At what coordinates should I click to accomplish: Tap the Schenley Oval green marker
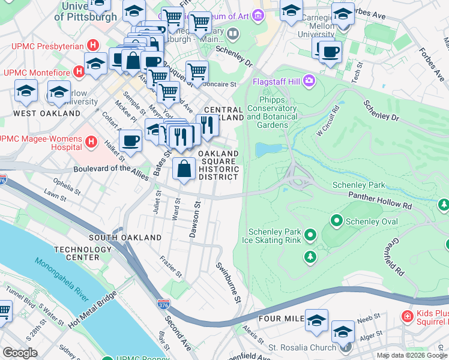coord(336,221)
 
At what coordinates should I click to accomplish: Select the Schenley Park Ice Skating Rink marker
coord(310,234)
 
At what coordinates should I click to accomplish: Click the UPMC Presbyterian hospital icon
coord(92,45)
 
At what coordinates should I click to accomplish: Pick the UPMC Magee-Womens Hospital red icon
coord(91,142)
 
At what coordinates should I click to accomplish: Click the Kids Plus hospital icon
coord(408,316)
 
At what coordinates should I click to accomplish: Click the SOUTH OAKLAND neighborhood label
coord(125,238)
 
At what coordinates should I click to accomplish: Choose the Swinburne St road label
coord(229,282)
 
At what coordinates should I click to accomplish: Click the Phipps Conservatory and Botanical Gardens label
coord(271,112)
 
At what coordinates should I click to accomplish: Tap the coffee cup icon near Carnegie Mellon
coord(330,51)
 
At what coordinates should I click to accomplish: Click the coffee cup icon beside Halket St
coord(130,141)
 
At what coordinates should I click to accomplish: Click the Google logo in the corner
coord(20,353)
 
